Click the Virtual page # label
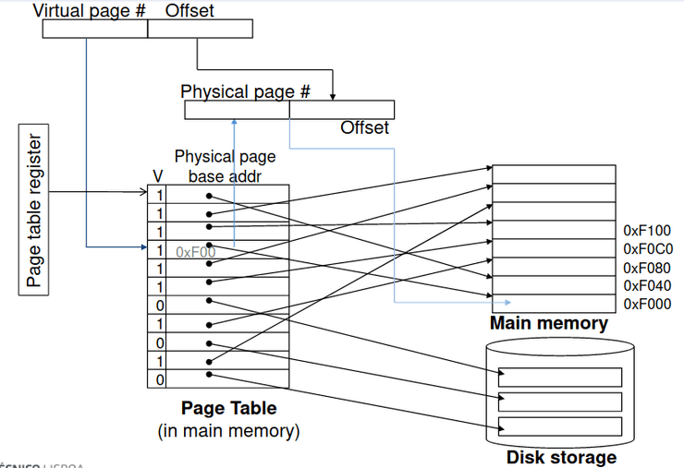pos(90,11)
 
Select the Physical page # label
pos(245,91)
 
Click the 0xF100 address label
pos(647,230)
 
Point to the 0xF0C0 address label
pos(648,248)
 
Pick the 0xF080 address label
pos(647,268)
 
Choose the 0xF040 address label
pos(647,286)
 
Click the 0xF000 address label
pos(647,305)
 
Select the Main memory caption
pos(548,323)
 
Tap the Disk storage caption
pos(561,457)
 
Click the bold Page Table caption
pos(228,408)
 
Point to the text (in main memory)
pos(228,430)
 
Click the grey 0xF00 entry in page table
pos(195,251)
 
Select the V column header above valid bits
pos(157,175)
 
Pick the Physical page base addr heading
pos(225,166)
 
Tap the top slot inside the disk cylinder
pos(560,377)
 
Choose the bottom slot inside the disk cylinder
pos(560,426)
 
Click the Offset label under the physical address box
pos(364,127)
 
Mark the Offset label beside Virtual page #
pos(189,11)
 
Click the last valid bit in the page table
pos(159,378)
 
